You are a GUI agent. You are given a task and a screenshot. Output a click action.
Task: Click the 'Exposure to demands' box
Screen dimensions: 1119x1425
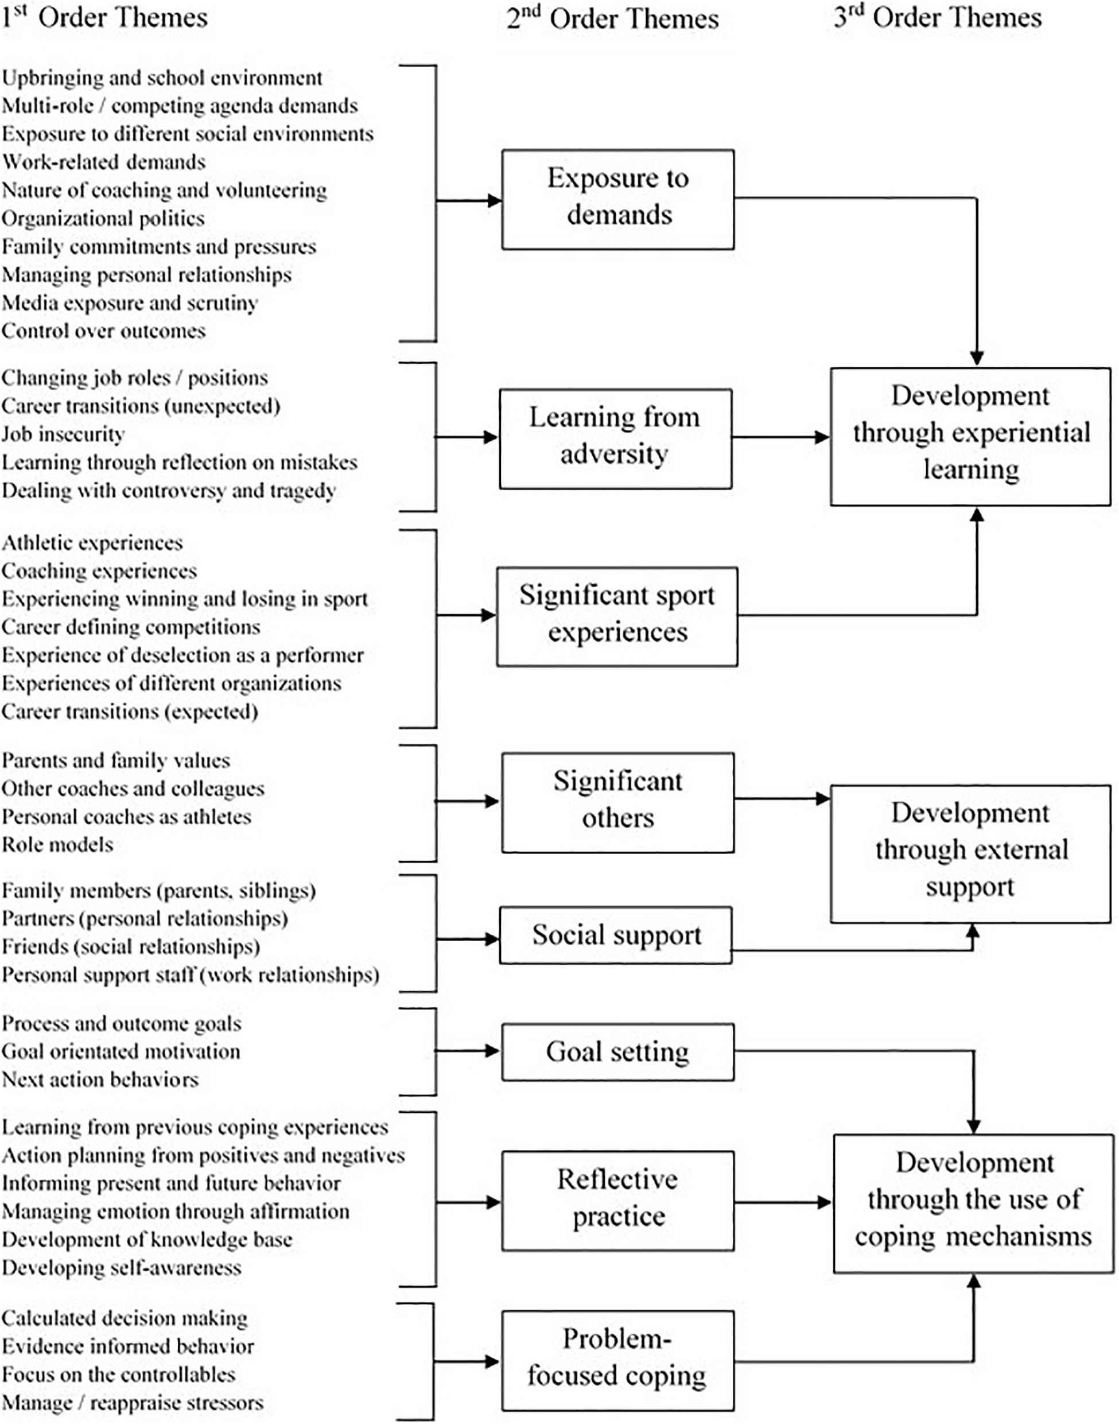point(618,199)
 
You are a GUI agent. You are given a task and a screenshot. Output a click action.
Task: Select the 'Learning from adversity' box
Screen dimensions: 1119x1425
point(615,438)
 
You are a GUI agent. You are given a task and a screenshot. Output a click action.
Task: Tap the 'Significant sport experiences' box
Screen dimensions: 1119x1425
point(616,616)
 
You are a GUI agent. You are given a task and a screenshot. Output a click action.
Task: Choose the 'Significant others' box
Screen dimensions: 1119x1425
point(618,802)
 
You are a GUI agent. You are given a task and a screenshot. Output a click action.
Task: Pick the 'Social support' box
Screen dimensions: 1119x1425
point(615,935)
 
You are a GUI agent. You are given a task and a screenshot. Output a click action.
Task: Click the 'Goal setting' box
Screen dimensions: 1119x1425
point(618,1052)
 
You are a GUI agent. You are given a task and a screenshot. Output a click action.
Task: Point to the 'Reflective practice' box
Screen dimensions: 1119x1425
point(618,1201)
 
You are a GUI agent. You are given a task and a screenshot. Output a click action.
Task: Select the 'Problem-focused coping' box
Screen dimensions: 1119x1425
point(618,1361)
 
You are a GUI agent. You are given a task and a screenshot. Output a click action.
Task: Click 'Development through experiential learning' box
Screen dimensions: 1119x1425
point(970,436)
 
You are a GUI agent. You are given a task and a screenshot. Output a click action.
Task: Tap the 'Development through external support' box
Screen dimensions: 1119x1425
point(970,854)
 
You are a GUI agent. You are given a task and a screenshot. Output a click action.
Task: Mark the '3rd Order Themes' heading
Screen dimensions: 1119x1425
point(938,18)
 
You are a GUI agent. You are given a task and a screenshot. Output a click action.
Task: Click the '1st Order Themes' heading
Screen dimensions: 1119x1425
point(104,18)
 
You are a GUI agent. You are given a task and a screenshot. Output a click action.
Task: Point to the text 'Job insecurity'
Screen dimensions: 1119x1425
point(63,434)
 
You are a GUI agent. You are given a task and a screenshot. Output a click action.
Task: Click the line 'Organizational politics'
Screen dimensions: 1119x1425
point(103,218)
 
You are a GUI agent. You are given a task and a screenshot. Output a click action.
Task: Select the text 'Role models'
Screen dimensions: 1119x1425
point(57,845)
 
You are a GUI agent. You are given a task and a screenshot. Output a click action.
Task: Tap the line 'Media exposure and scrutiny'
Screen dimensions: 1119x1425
point(129,302)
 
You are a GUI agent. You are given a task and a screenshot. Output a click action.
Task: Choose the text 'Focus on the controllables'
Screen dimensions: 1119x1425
point(118,1374)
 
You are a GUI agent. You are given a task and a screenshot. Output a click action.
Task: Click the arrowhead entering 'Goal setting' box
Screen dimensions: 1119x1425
point(493,1051)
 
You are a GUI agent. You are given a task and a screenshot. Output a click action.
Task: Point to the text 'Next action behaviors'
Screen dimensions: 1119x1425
point(100,1079)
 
